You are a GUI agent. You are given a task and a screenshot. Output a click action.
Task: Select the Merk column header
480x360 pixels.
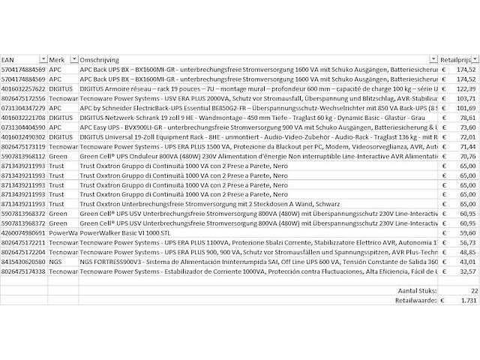click(57, 59)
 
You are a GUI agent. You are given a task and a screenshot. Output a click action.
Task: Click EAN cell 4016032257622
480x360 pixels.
click(23, 88)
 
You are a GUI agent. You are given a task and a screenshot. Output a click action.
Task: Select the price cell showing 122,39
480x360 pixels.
click(466, 88)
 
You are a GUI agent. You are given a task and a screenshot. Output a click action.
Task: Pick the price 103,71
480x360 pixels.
click(466, 98)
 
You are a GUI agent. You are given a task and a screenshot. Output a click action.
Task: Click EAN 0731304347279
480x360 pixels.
click(23, 108)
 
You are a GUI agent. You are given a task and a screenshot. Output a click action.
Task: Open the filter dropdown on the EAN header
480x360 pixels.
click(43, 59)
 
